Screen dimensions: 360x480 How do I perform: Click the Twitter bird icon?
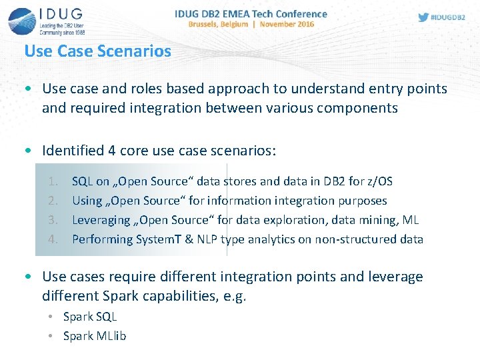[424, 17]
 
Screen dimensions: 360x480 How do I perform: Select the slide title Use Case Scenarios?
[97, 51]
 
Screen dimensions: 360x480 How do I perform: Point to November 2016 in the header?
[287, 24]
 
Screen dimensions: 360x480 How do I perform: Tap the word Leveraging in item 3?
[101, 220]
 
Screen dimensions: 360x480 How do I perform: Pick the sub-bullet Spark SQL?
[90, 317]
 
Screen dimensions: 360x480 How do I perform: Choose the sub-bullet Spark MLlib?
[95, 336]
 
